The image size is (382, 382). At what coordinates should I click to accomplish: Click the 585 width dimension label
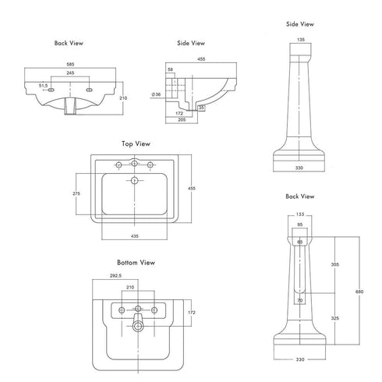pos(70,64)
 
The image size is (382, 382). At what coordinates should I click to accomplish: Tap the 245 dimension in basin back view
pos(70,73)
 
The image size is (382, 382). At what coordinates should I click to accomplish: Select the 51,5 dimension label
pos(44,86)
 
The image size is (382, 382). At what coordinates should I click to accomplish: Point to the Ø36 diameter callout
pos(156,94)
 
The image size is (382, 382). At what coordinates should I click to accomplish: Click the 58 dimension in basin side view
pos(170,69)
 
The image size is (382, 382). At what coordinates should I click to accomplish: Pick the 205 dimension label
pos(182,120)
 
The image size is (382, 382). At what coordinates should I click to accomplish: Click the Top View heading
pos(136,143)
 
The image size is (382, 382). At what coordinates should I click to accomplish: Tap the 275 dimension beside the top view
pos(76,193)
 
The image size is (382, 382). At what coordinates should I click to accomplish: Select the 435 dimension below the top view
pos(135,236)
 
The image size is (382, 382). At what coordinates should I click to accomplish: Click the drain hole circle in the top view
pos(134,180)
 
